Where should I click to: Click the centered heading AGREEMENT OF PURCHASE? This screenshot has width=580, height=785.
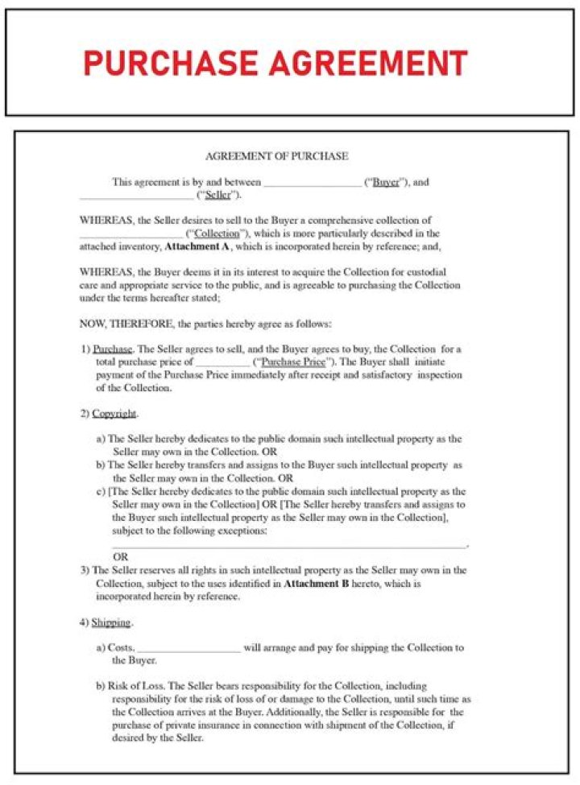click(276, 155)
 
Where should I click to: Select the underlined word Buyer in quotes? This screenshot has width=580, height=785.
click(386, 182)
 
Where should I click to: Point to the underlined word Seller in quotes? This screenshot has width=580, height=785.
click(218, 196)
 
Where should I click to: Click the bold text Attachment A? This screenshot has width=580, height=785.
click(197, 246)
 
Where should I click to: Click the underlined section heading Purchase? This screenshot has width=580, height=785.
click(110, 349)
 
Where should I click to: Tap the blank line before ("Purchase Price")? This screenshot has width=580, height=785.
click(222, 364)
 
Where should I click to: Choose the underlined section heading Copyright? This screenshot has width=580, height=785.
click(114, 414)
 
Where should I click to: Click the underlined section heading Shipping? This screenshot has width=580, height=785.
click(111, 622)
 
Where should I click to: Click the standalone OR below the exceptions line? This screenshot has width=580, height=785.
click(120, 556)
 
